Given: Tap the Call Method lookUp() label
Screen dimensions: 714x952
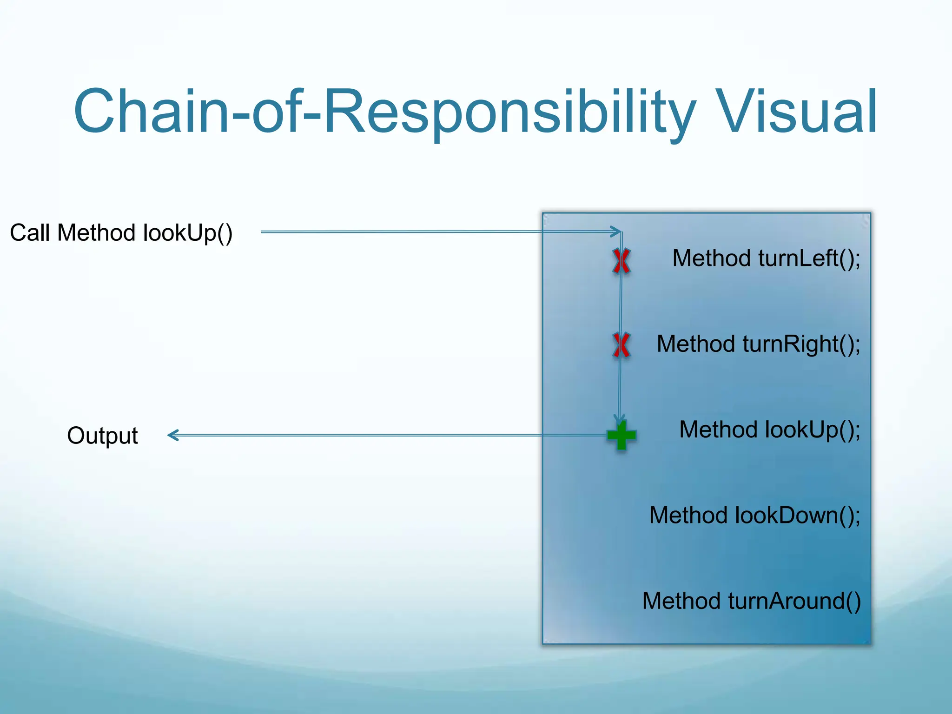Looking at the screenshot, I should (x=121, y=232).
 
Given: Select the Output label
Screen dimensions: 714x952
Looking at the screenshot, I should (x=102, y=436).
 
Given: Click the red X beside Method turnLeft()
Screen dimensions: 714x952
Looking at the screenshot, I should (x=621, y=261).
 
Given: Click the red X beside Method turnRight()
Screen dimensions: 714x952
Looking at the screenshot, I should (x=621, y=345).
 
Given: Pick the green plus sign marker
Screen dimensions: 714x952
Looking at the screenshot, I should (x=621, y=435).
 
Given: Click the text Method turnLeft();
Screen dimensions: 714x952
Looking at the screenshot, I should (x=766, y=258).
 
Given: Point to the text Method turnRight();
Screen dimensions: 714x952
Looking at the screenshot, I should (x=758, y=344).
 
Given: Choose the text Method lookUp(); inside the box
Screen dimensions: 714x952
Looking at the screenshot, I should (x=769, y=430).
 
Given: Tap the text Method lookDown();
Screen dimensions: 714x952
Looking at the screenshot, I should (x=754, y=516).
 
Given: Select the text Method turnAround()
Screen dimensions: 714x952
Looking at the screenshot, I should (x=751, y=601).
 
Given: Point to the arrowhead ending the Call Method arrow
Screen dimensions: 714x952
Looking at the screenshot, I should (x=617, y=231).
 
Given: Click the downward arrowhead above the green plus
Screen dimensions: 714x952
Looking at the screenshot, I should (x=619, y=419).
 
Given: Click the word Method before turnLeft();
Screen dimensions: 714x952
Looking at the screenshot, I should (x=711, y=258).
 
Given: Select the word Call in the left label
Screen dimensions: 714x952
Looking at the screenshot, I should (x=30, y=232).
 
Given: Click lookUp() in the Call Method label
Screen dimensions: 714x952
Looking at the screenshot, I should (x=188, y=232).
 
